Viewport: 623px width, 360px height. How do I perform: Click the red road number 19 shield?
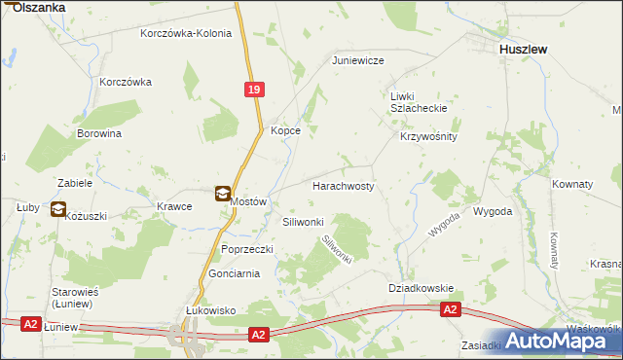point(253,89)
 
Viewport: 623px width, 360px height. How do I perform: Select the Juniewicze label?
point(358,60)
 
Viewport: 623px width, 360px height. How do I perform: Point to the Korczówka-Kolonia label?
point(186,33)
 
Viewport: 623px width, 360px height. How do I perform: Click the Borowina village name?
point(99,133)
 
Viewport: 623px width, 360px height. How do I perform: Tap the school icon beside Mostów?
point(223,194)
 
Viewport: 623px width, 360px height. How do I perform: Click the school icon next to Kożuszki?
point(57,208)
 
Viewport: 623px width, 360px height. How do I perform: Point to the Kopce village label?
point(285,130)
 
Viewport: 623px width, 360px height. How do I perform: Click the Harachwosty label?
point(343,185)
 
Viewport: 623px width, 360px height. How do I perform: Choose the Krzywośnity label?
point(428,137)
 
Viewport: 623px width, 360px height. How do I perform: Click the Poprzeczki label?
point(247,249)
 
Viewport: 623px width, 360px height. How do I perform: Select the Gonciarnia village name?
point(234,274)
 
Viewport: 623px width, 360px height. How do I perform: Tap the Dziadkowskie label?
point(421,288)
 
